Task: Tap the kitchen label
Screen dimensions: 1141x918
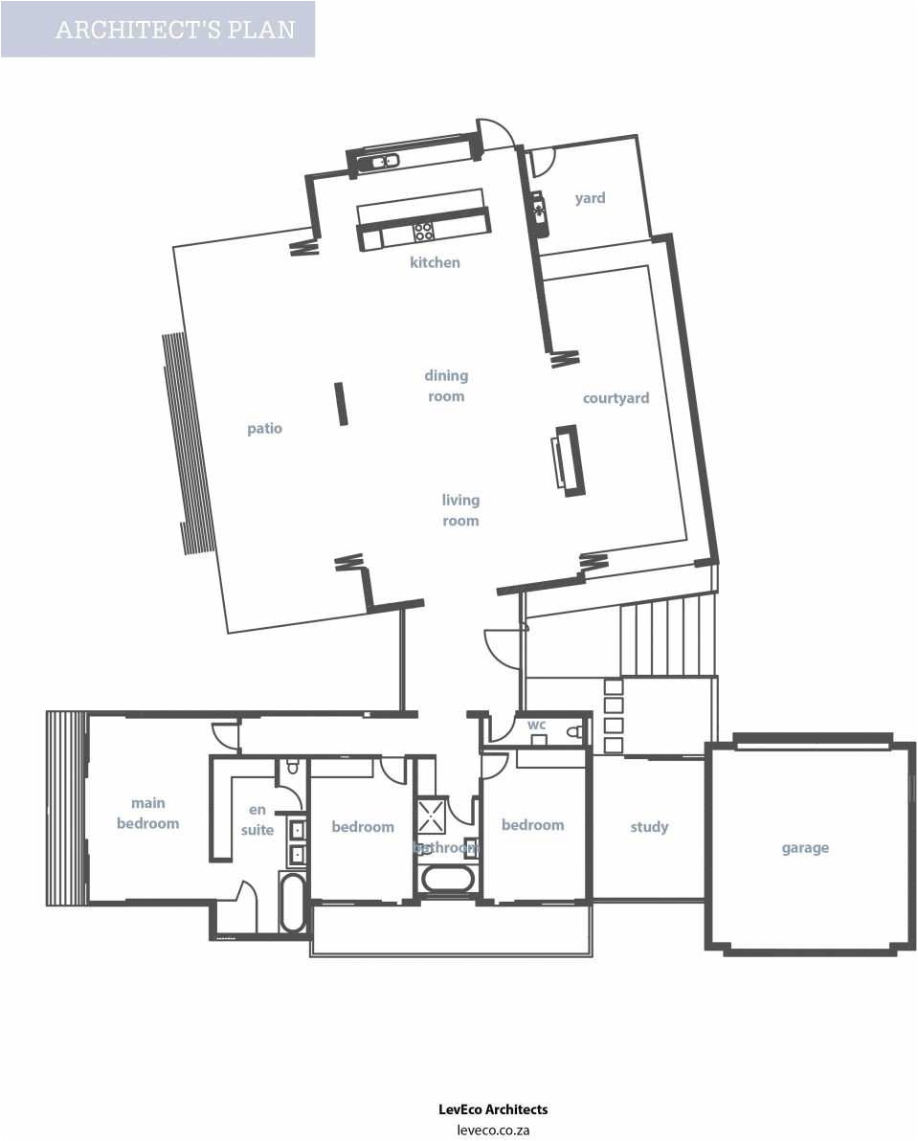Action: point(435,262)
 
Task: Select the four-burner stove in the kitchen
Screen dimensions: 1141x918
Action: point(423,232)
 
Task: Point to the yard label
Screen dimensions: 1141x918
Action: point(590,198)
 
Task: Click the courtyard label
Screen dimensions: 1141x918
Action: point(616,398)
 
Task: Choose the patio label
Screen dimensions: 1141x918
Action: point(264,428)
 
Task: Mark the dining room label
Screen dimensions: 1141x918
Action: point(446,386)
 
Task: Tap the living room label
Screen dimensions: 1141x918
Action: point(460,510)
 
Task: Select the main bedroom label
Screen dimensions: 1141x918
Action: point(148,813)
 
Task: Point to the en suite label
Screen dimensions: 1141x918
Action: point(257,819)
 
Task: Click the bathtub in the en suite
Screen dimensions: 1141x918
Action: point(293,902)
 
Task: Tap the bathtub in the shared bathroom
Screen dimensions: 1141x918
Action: point(448,880)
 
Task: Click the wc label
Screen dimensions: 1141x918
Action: point(536,725)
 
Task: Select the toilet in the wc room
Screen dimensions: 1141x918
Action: point(572,732)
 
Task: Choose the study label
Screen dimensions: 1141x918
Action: point(649,827)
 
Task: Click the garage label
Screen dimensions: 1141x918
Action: point(805,848)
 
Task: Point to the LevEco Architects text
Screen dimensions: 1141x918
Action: point(493,1109)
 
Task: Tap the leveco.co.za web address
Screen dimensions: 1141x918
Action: point(493,1130)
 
